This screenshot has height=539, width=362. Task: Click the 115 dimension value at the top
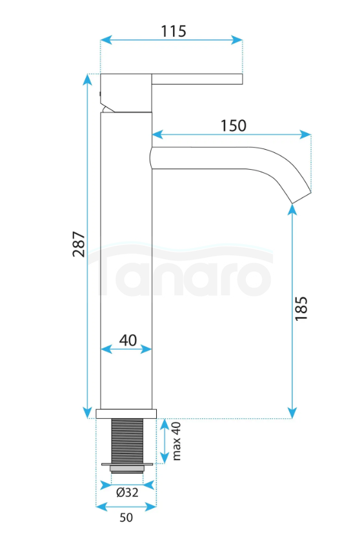[x=174, y=31]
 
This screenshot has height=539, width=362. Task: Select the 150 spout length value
[x=233, y=126]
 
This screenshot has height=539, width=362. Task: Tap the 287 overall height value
[x=79, y=244]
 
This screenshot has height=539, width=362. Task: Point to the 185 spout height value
[x=301, y=309]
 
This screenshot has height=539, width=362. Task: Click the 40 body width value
[x=128, y=340]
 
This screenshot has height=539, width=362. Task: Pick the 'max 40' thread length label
[x=176, y=441]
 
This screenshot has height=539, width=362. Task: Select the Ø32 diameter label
[x=127, y=493]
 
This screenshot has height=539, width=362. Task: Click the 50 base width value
[x=126, y=517]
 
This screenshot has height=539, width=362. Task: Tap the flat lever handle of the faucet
[x=197, y=79]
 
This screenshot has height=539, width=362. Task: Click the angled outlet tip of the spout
[x=301, y=198]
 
